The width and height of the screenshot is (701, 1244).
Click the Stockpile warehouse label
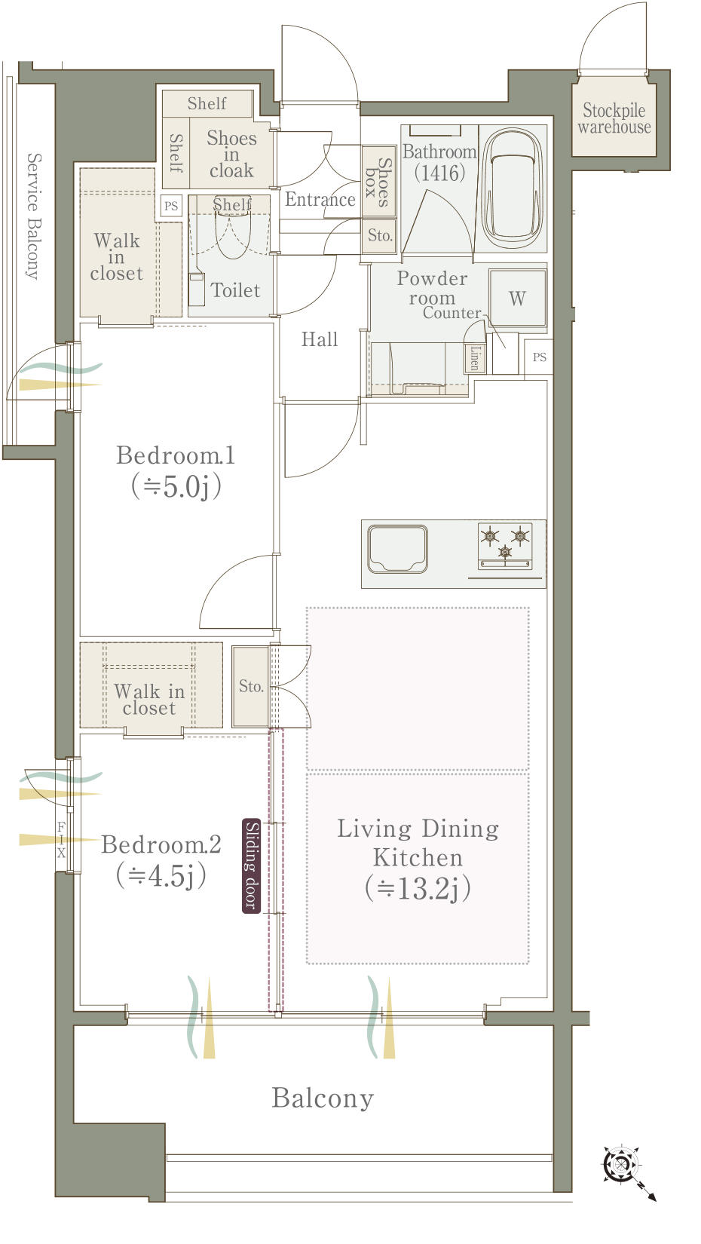pos(614,118)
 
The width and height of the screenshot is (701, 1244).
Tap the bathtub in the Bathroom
pos(512,188)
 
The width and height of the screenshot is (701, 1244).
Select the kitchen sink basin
pos(396,549)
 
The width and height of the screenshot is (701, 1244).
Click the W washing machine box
pos(517,299)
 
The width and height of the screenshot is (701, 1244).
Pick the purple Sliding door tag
pos(252,866)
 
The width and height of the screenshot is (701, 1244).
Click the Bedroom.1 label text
pos(176,455)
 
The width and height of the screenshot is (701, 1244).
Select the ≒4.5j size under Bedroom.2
pos(161,876)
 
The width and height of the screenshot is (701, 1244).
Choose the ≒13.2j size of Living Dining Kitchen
pos(418,887)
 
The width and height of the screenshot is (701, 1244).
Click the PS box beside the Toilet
pos(171,206)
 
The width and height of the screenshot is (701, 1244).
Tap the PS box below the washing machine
pos(538,357)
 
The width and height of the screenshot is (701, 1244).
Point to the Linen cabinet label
pos(475,358)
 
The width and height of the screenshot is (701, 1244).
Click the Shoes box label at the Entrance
pos(378,182)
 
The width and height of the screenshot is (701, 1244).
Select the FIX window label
pos(61,840)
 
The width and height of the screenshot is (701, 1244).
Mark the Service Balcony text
pos(33,216)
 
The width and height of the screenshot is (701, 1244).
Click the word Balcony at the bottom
pos(323,1098)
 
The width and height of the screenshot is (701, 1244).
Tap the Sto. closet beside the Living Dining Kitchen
pos(251,686)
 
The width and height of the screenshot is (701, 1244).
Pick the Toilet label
pos(235,290)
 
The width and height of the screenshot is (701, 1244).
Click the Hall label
pos(319,339)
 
